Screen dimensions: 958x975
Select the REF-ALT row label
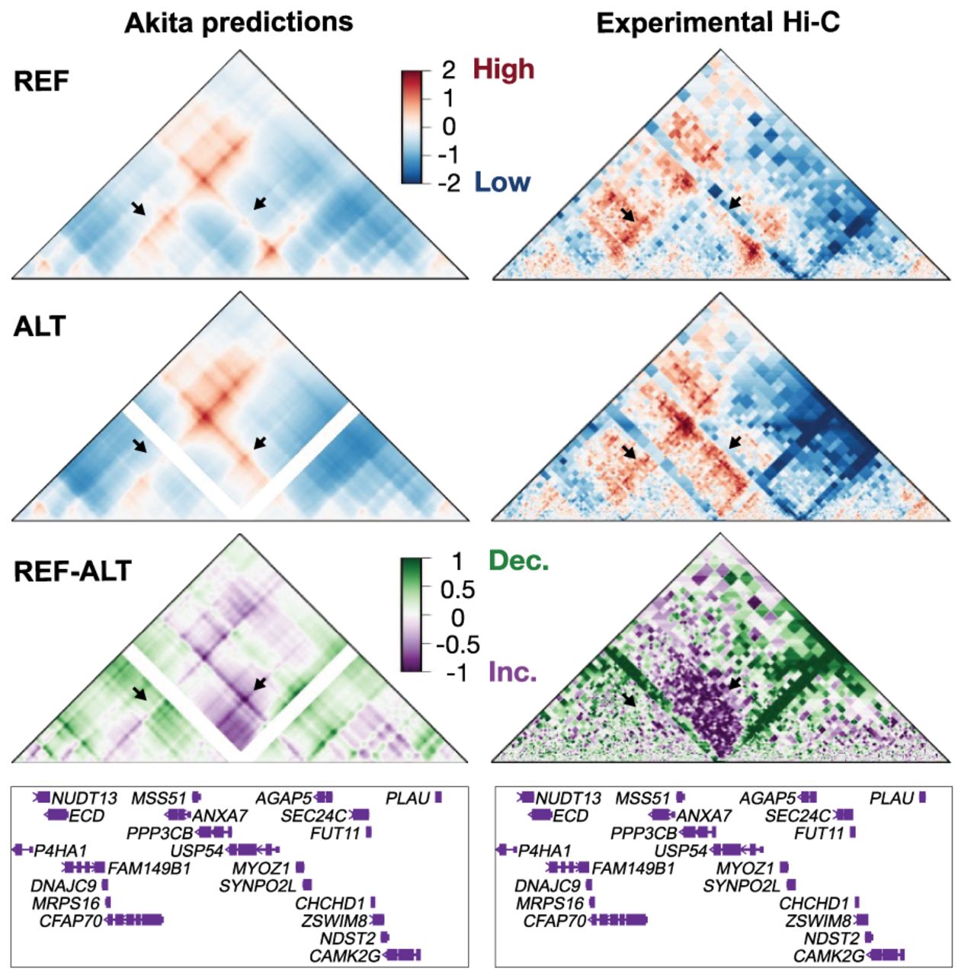73,571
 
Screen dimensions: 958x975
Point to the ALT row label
40,326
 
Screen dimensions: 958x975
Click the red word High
504,69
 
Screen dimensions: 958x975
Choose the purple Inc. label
512,673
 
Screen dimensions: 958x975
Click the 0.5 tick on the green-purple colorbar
457,590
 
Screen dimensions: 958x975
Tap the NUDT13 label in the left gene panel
84,799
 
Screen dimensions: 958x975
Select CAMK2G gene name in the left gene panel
344,956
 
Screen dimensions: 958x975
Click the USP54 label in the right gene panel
681,851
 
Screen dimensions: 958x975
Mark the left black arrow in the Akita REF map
138,208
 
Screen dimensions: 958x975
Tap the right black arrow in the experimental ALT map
735,443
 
